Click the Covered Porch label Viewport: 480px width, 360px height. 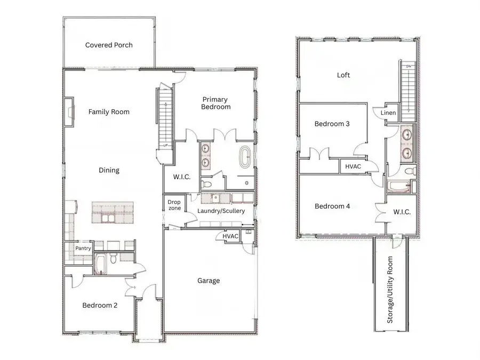pyautogui.click(x=109, y=45)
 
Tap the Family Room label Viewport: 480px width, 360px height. pyautogui.click(x=109, y=112)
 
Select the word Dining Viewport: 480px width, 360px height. pyautogui.click(x=109, y=171)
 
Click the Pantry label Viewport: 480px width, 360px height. pyautogui.click(x=83, y=248)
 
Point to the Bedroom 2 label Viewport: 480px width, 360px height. pyautogui.click(x=100, y=306)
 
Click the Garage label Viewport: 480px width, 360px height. pyautogui.click(x=209, y=281)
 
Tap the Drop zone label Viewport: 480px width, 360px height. pyautogui.click(x=174, y=205)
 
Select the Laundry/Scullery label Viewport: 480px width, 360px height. pyautogui.click(x=221, y=211)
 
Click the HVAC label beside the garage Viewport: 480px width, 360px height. pyautogui.click(x=230, y=236)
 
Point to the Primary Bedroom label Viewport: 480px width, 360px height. pyautogui.click(x=215, y=103)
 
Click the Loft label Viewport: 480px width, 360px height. pyautogui.click(x=343, y=75)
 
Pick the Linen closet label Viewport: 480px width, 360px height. pyautogui.click(x=388, y=113)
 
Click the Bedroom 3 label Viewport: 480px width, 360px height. pyautogui.click(x=332, y=124)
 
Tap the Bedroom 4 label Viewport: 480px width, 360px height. pyautogui.click(x=332, y=206)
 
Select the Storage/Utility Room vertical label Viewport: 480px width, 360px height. pyautogui.click(x=390, y=290)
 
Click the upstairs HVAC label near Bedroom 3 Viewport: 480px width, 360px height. pyautogui.click(x=354, y=166)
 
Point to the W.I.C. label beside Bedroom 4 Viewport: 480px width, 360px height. pyautogui.click(x=402, y=212)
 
